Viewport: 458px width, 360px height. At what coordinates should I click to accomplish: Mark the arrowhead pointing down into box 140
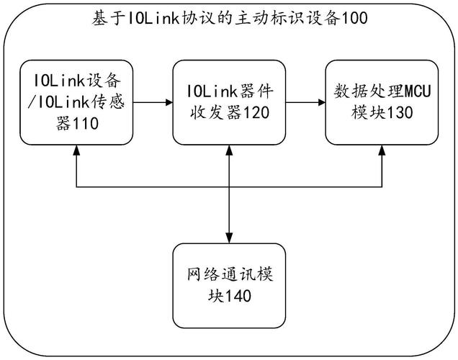(229, 238)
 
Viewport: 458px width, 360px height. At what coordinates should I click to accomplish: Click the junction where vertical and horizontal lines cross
(229, 189)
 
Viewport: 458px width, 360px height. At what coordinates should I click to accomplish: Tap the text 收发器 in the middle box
(210, 112)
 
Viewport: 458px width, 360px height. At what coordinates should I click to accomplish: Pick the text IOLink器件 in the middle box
(229, 92)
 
